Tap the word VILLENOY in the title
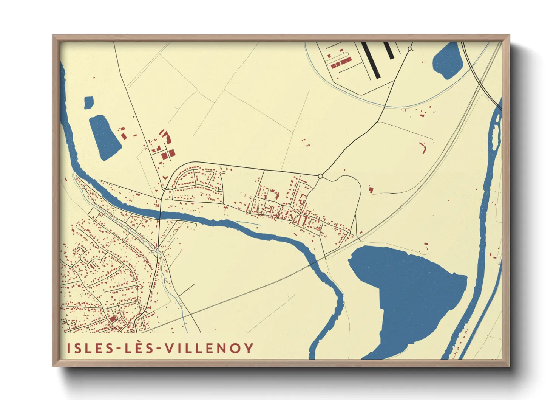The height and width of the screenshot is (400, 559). [209, 348]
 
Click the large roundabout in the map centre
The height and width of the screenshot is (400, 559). [320, 176]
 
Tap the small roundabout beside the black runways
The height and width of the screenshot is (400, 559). [410, 48]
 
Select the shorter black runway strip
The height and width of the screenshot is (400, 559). [389, 51]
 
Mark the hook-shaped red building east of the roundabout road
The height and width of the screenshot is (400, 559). [423, 147]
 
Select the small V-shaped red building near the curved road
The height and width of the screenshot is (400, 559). [165, 177]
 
